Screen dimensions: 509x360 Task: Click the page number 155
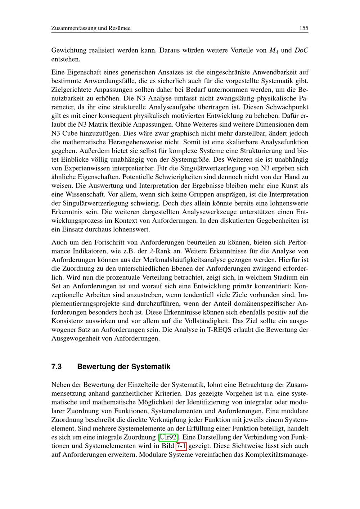point(303,28)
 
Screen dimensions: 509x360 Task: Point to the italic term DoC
point(301,50)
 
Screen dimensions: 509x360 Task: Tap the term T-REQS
point(219,329)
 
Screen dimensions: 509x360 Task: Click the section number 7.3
point(57,367)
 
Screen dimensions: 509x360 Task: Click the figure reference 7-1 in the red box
point(181,446)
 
